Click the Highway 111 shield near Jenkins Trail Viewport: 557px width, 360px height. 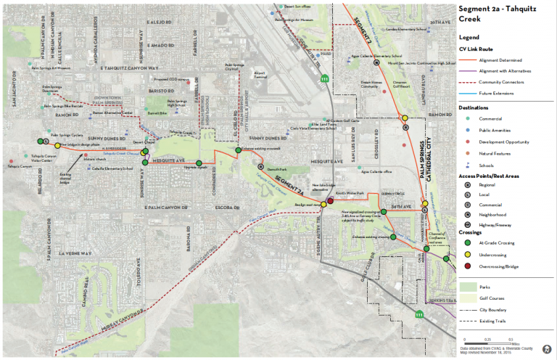click(x=418, y=315)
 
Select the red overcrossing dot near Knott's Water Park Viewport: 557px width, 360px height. click(x=330, y=200)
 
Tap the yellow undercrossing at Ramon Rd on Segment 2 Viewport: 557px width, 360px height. click(x=405, y=118)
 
